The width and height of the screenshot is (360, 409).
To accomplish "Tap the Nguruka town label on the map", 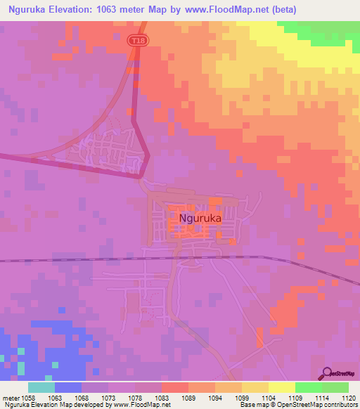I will point(200,219).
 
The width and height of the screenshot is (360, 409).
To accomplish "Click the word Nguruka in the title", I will point(30,9).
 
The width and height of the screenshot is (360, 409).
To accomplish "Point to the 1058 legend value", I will point(28,398).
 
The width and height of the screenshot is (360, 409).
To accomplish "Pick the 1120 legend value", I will point(349,398).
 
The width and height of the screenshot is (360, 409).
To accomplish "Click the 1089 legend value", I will point(188,398).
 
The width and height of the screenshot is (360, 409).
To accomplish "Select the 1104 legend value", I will point(269,398).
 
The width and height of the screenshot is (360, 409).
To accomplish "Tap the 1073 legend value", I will point(108,398).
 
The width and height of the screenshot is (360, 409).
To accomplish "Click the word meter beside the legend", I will point(11,398).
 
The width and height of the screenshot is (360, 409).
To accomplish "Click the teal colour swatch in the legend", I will point(41,387).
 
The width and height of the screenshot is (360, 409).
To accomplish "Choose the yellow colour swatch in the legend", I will point(282,387).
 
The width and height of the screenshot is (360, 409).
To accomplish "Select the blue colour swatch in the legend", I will point(68,387).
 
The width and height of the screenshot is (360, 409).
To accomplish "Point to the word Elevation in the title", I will point(78,9).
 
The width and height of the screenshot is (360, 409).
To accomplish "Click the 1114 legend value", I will point(323,398).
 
